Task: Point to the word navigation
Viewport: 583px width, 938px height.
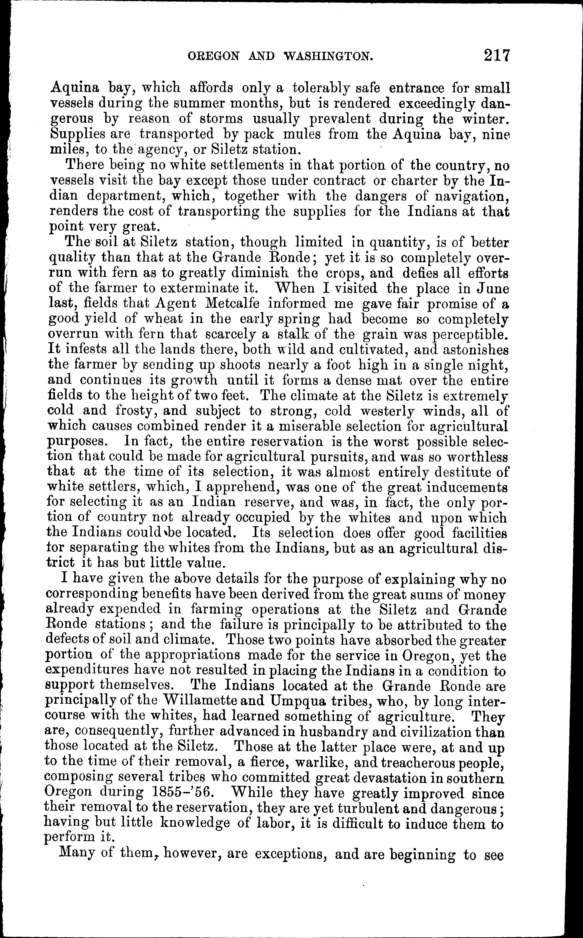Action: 471,196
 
